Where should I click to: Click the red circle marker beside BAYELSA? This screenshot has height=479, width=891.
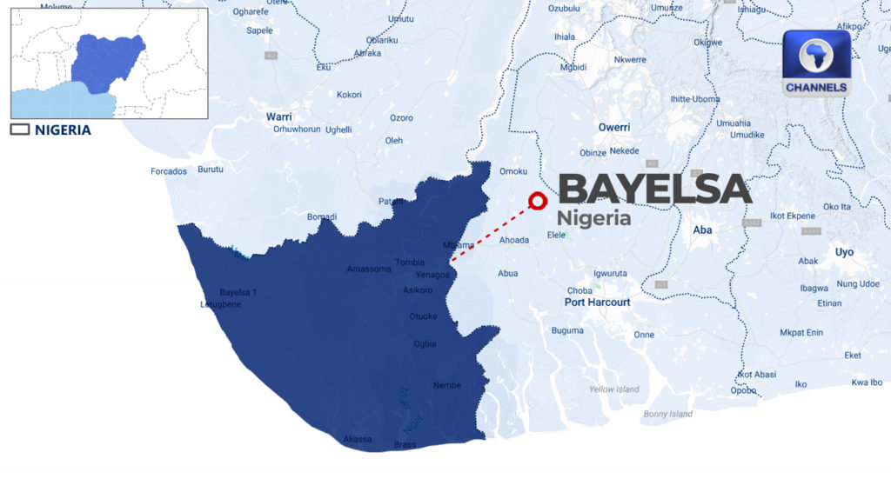(538, 201)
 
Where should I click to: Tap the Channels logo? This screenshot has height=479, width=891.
(815, 63)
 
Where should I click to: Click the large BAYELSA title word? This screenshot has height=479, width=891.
(653, 189)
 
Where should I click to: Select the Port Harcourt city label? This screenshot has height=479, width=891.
(597, 303)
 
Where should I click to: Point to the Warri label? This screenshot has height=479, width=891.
(279, 116)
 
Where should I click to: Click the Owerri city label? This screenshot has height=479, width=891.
(613, 128)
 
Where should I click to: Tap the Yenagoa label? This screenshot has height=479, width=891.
(433, 275)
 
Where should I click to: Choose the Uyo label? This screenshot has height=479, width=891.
(844, 252)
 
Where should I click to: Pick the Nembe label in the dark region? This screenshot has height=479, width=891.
(446, 385)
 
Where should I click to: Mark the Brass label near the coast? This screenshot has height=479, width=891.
(405, 445)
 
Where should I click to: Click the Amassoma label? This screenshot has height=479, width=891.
(369, 269)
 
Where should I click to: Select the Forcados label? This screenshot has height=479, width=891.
(169, 171)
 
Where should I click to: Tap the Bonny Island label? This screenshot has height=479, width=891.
(668, 414)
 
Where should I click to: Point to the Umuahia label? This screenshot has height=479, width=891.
(733, 123)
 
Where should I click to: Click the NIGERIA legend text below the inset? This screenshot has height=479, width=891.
(63, 130)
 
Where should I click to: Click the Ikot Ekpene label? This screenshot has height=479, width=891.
(793, 216)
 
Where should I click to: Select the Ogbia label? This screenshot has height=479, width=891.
(425, 344)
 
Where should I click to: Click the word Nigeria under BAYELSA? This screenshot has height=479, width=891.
(594, 218)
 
